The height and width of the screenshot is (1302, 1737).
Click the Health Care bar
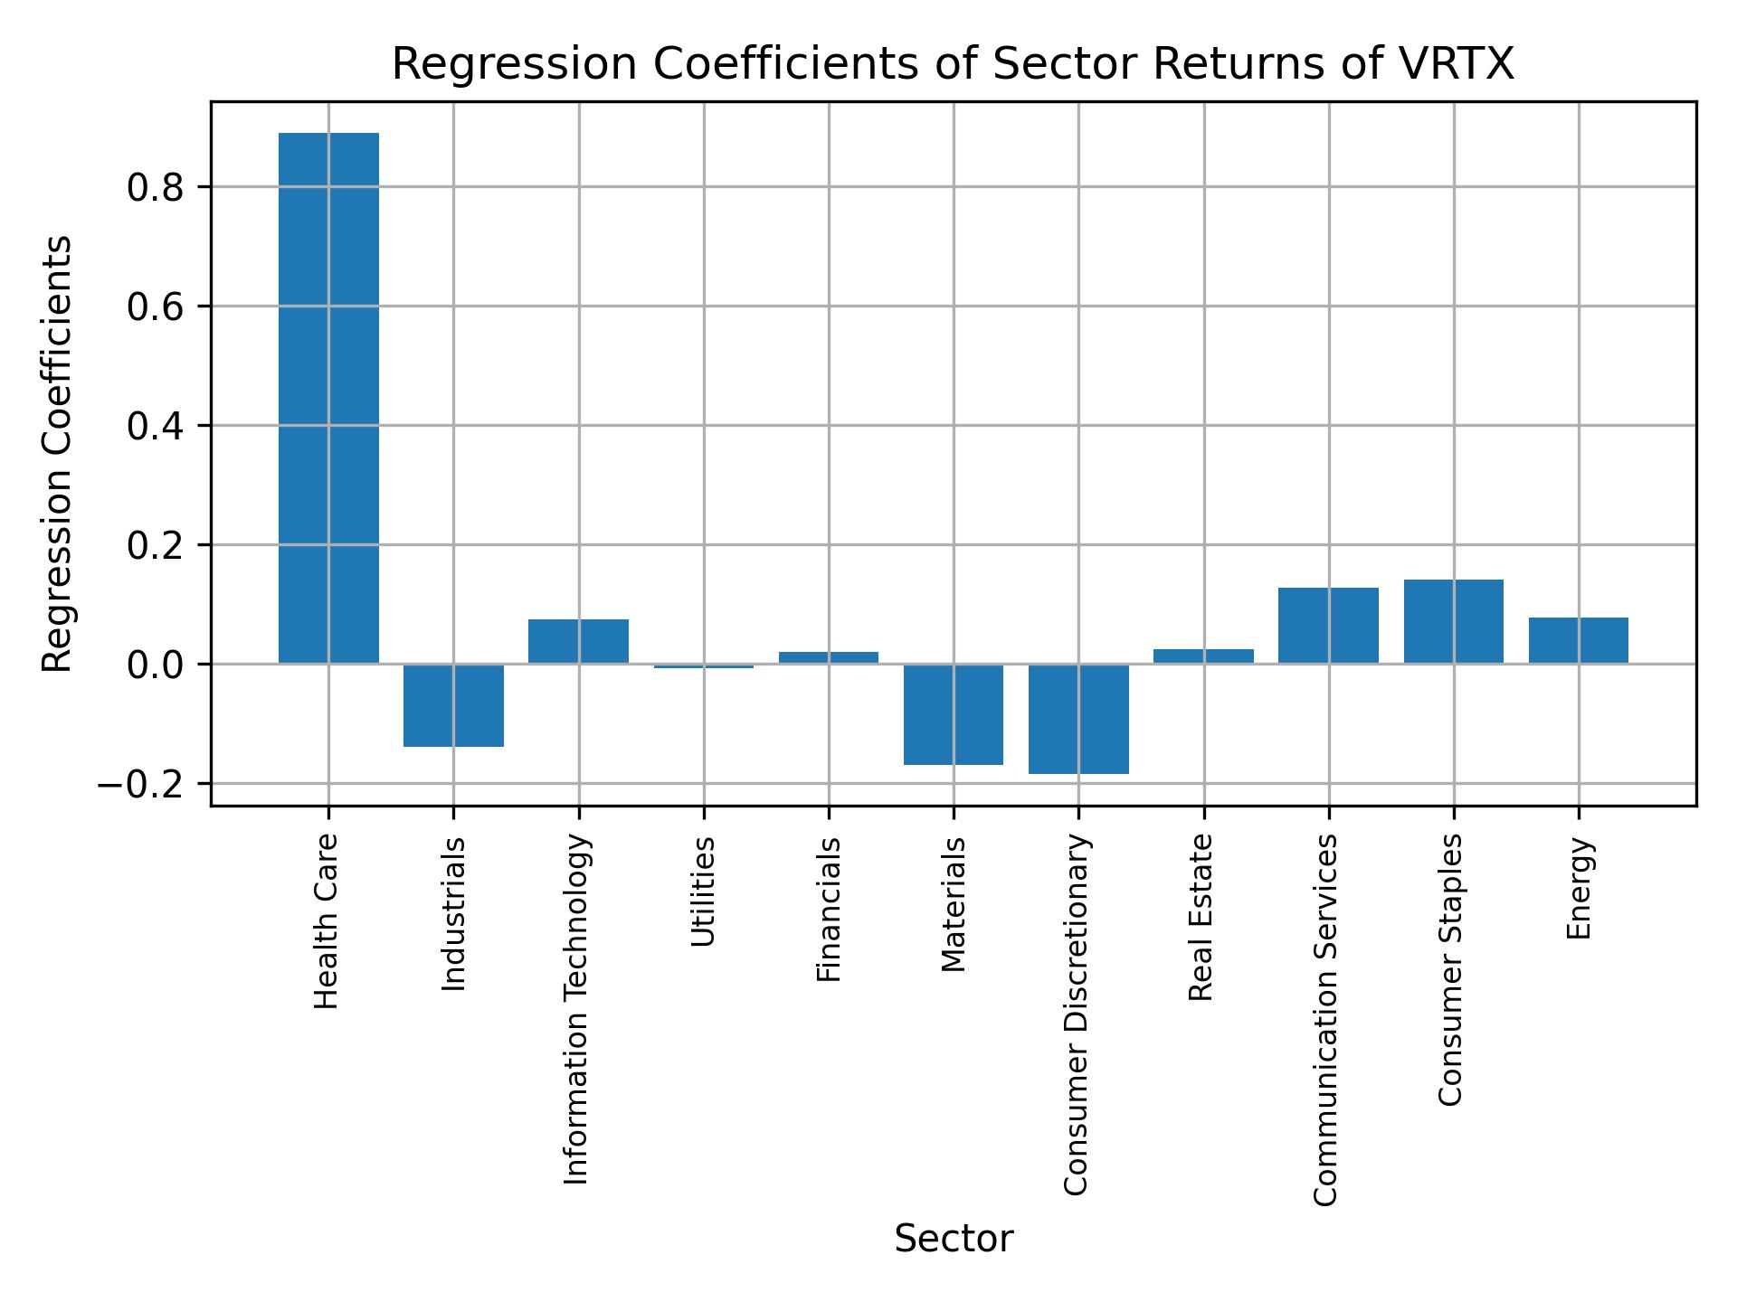tap(328, 398)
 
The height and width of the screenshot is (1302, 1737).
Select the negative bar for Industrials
tap(453, 705)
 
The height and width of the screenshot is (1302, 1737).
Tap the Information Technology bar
tap(578, 641)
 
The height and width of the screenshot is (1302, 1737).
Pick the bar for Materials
tap(954, 714)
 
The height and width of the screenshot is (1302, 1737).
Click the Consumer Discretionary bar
tap(1078, 719)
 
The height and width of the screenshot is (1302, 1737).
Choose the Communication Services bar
tap(1328, 626)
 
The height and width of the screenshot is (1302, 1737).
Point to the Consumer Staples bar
tap(1453, 621)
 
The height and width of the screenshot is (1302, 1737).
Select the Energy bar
tap(1579, 640)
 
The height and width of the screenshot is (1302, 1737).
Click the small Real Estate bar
tap(1203, 656)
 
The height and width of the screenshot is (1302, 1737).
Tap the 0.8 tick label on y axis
tap(156, 187)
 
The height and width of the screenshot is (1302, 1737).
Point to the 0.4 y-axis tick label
tap(156, 426)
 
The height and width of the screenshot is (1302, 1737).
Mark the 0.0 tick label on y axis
tap(156, 665)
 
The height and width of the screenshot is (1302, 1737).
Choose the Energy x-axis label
tap(1579, 889)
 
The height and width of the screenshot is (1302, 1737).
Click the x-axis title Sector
tap(954, 1239)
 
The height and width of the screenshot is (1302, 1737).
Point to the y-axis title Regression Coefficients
tap(58, 454)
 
